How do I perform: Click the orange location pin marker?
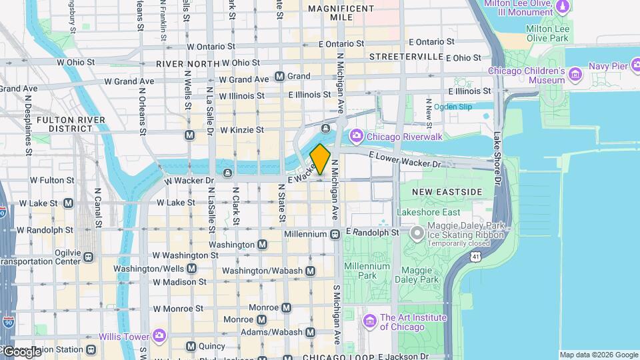[x=321, y=159]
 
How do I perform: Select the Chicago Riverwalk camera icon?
[x=357, y=136]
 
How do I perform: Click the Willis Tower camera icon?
[x=159, y=335]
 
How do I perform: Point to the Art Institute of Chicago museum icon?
[x=371, y=322]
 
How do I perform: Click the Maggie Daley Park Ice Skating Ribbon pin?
[x=417, y=233]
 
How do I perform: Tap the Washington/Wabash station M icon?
[x=310, y=271]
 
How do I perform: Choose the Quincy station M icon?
[x=191, y=346]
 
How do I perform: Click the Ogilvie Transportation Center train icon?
[x=87, y=255]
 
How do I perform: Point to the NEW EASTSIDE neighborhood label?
[x=446, y=192]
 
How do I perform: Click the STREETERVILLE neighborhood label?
[x=406, y=57]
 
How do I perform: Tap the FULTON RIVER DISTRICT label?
[x=64, y=123]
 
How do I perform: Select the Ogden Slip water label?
[x=453, y=107]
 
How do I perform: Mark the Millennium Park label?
[x=367, y=271]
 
